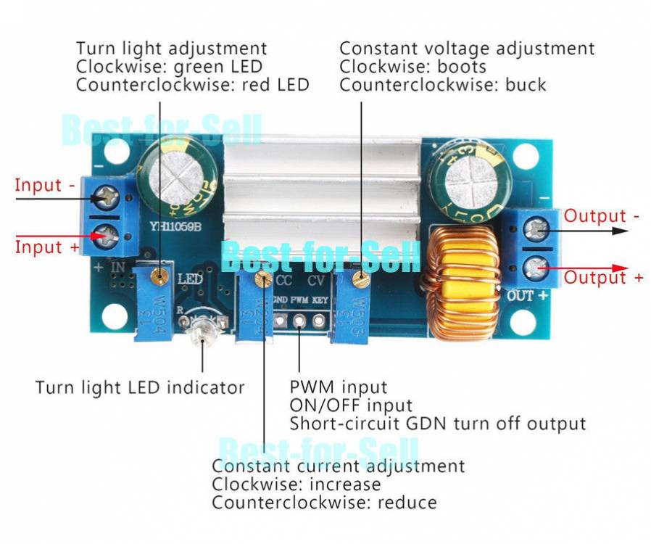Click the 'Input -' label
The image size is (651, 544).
(x=44, y=185)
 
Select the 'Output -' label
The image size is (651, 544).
(x=602, y=215)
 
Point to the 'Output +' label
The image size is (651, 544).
(x=603, y=278)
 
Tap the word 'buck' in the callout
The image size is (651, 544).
(x=526, y=85)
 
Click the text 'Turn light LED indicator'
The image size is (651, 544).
(x=140, y=387)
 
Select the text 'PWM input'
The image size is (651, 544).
(x=339, y=387)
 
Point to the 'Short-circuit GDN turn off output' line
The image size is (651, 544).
(x=438, y=423)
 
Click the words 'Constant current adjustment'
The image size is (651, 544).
(x=338, y=466)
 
